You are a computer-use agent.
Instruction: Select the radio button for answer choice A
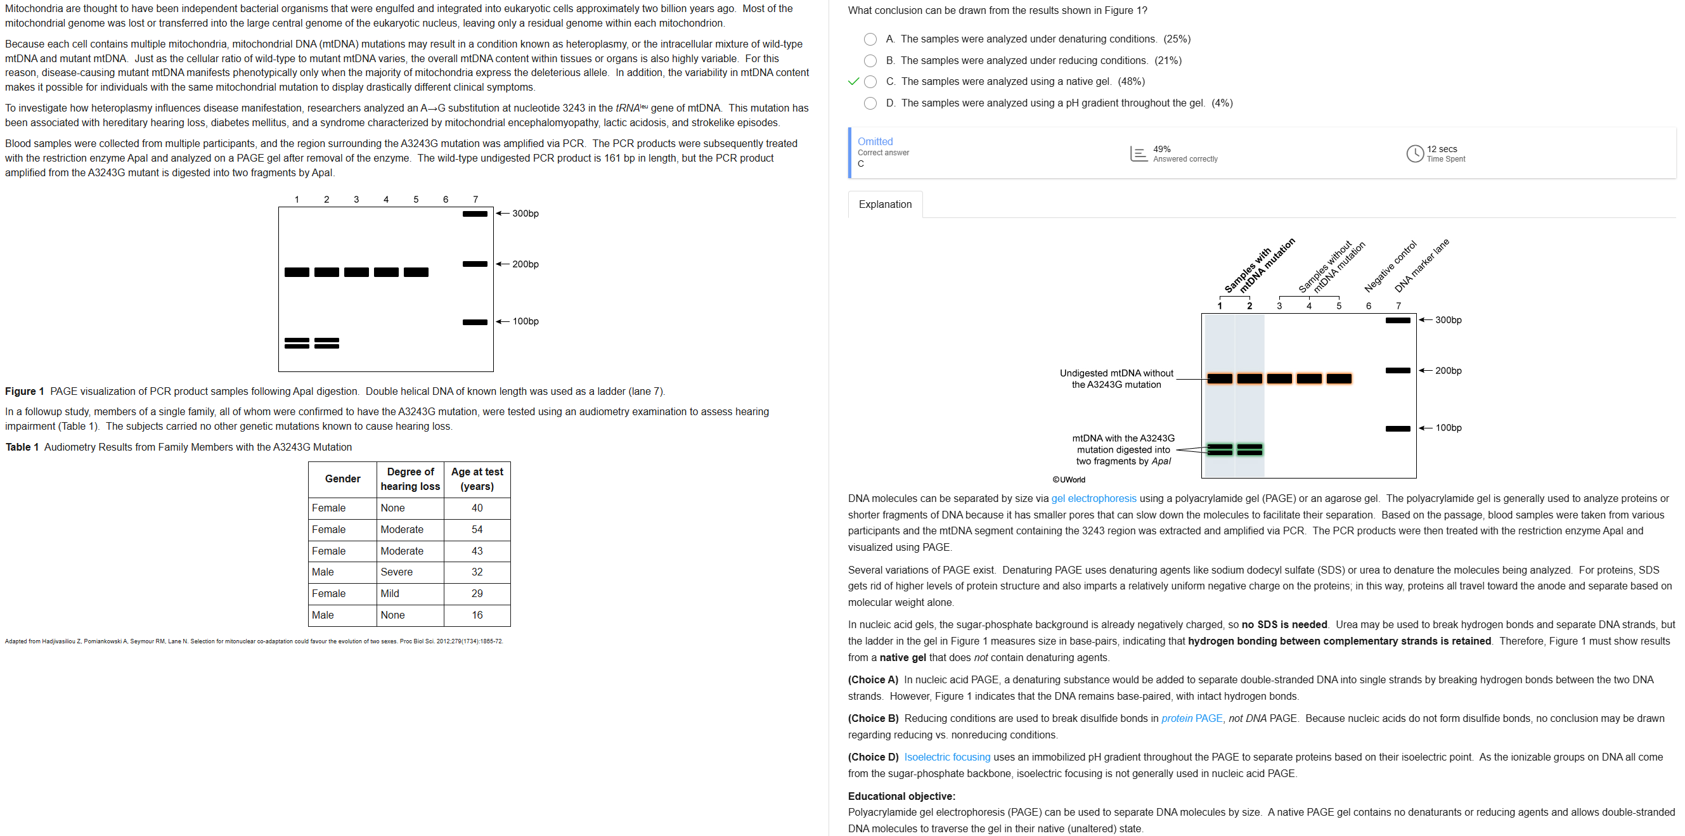[x=870, y=39]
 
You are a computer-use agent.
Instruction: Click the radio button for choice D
[x=870, y=103]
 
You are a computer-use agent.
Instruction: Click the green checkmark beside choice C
[x=853, y=82]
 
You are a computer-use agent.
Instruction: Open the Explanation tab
[x=884, y=204]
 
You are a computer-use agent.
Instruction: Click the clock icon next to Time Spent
[x=1414, y=154]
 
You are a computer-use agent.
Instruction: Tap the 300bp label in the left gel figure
[x=526, y=214]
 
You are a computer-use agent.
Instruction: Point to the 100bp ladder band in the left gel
[x=474, y=322]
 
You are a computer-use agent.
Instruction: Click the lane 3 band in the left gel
[x=356, y=272]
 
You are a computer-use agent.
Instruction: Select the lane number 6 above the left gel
[x=446, y=200]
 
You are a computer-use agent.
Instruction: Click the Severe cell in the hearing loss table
[x=396, y=572]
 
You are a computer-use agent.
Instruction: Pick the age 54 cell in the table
[x=477, y=529]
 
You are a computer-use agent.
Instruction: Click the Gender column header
[x=342, y=479]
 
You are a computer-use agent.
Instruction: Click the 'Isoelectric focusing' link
[x=946, y=757]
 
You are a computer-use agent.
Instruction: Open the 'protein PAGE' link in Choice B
[x=1191, y=718]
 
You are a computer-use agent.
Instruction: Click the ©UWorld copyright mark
[x=1068, y=480]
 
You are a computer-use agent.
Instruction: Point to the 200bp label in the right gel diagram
[x=1447, y=371]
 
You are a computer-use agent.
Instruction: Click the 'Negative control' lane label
[x=1390, y=266]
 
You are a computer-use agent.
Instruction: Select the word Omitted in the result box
[x=875, y=141]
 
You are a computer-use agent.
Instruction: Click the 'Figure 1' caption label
[x=24, y=391]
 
